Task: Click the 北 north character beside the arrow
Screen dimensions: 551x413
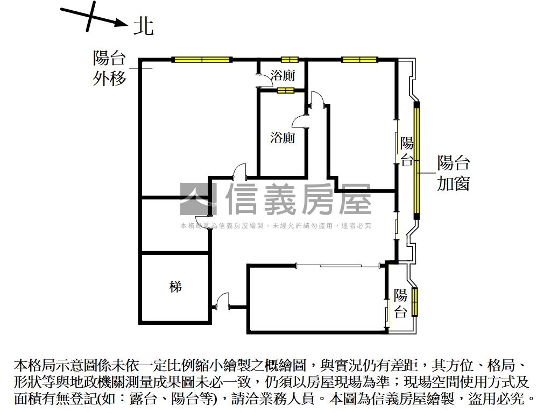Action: point(144,26)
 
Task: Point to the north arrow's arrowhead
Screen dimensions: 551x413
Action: point(122,23)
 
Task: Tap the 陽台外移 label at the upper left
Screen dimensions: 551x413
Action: point(109,68)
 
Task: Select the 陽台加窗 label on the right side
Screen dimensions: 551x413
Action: point(453,173)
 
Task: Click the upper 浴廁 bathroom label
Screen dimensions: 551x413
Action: point(282,75)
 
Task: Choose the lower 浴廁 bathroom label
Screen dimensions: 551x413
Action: point(282,137)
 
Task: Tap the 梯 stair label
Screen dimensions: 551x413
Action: point(175,287)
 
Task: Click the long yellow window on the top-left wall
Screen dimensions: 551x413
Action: point(202,60)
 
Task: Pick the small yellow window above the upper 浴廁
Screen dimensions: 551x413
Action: point(289,60)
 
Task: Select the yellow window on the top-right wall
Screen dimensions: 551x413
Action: point(359,60)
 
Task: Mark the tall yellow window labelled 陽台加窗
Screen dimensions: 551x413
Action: point(417,160)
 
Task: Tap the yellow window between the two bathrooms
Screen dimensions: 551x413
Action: point(286,90)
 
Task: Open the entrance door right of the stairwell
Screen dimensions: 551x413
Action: point(221,301)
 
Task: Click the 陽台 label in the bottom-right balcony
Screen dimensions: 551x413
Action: point(400,303)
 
